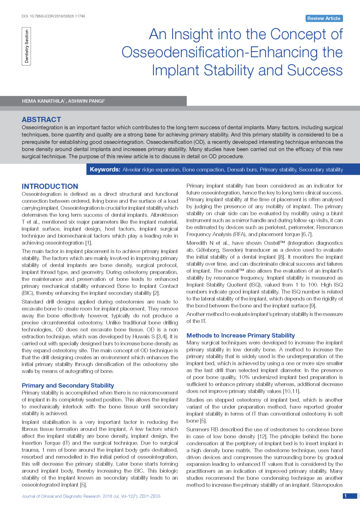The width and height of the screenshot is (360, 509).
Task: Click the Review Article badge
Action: coord(324,18)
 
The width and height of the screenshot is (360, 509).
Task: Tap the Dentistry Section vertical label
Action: coord(26,46)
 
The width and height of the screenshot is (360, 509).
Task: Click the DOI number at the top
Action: coord(53,16)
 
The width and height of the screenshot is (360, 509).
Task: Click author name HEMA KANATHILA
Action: coord(43,101)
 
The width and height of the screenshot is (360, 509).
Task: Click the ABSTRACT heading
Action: coord(41,120)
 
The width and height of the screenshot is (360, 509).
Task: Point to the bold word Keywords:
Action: coord(105,170)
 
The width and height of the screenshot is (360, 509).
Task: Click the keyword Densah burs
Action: coord(242,170)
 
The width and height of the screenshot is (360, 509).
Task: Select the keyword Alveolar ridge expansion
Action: coord(151,170)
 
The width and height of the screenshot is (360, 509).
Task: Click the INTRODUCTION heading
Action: coord(50,186)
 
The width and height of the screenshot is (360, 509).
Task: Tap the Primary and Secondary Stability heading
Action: coord(68,386)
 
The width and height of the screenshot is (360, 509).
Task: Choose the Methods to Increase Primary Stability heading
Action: coord(240,336)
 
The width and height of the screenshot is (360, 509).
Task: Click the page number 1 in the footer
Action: coord(346,496)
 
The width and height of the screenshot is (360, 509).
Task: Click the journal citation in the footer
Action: coord(91,496)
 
